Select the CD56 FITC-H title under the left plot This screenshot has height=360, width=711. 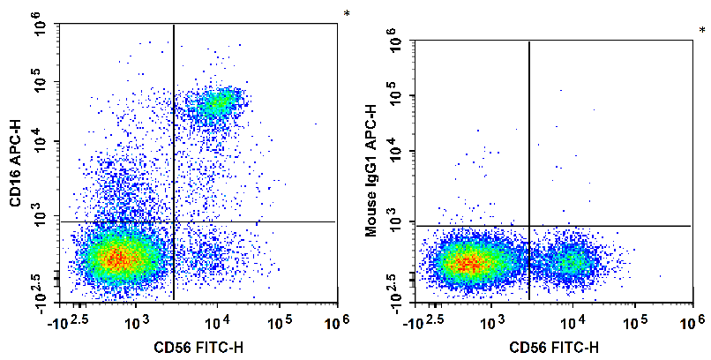198,345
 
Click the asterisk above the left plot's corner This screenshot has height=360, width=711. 347,14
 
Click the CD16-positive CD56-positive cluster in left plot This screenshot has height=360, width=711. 216,104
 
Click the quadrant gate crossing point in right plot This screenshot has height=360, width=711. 528,226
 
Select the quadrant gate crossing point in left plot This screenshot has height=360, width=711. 174,221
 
